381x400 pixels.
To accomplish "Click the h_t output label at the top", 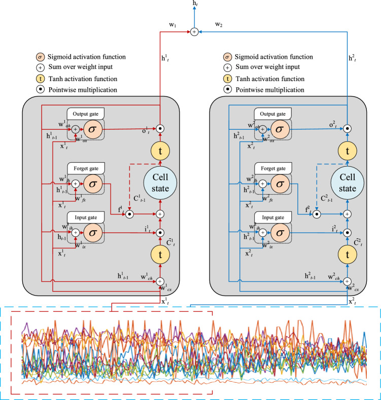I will pos(196,4).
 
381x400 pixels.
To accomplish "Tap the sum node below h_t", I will pos(193,32).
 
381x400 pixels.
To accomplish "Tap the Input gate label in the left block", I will pos(84,217).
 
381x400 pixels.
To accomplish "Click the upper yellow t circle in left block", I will pos(160,151).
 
